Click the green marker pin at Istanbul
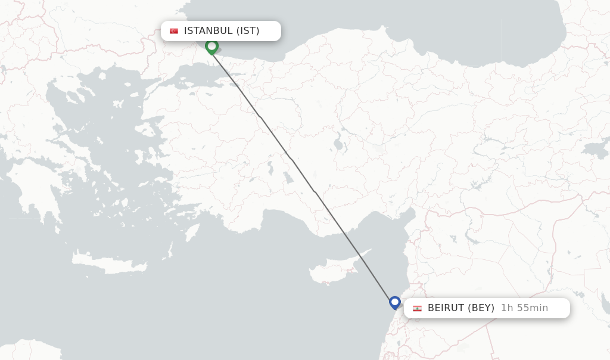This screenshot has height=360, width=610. point(211,46)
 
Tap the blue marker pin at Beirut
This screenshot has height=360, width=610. point(394,302)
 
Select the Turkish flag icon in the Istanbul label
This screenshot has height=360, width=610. point(174,31)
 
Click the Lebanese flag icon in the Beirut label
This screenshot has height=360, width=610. point(417,308)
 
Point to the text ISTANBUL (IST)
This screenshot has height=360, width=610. point(222,31)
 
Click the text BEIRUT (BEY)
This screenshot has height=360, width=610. point(460,308)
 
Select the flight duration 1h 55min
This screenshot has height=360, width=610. point(524,308)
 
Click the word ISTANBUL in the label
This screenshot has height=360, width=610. point(208,31)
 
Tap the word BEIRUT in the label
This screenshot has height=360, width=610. point(445,308)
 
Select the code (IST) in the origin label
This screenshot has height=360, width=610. point(248,31)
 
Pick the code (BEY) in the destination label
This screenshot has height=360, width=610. point(481,308)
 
